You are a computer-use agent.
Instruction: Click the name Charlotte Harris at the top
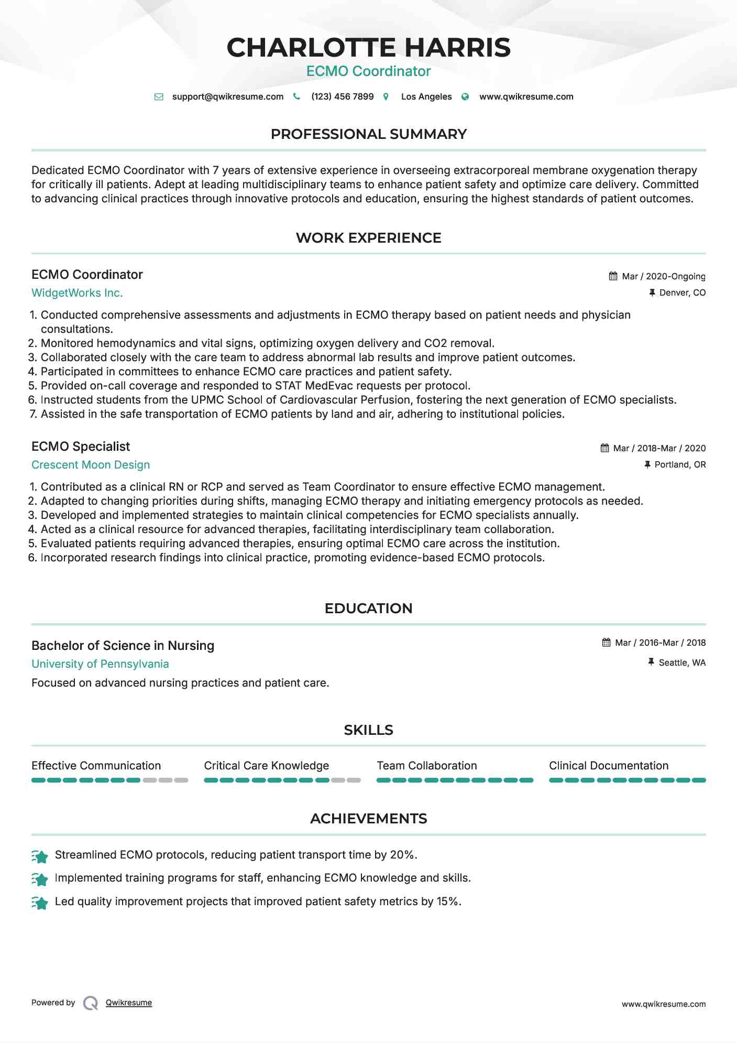(x=368, y=48)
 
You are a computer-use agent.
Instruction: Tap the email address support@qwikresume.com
(x=227, y=96)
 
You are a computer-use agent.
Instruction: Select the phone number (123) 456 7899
(x=342, y=96)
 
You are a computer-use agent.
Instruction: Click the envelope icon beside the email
(x=159, y=97)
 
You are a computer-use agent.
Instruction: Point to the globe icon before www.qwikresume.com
(x=465, y=97)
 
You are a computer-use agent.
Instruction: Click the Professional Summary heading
(x=368, y=134)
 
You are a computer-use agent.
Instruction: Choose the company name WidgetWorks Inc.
(x=77, y=293)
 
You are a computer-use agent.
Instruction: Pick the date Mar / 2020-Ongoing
(x=663, y=276)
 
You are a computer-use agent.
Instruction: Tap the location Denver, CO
(x=682, y=292)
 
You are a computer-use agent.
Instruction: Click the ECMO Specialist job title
(x=81, y=447)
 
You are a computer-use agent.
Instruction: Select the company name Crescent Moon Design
(x=91, y=465)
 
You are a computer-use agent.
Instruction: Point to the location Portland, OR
(x=680, y=464)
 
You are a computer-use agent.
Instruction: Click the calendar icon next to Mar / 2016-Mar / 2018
(x=607, y=643)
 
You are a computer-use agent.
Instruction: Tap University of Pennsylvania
(x=100, y=664)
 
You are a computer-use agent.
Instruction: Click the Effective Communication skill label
(x=96, y=766)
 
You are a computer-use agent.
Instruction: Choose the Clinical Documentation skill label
(x=609, y=766)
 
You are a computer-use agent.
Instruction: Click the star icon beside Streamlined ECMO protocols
(x=40, y=856)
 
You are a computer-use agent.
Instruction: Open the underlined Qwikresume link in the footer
(x=129, y=1003)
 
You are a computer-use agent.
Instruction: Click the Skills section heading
(x=368, y=730)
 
